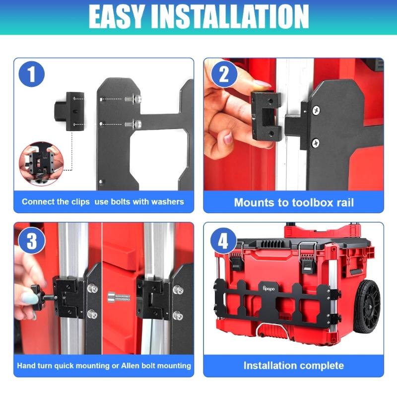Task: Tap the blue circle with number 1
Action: coord(32,75)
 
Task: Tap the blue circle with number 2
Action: coord(224,75)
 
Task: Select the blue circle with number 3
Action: coord(32,241)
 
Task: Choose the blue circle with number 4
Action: coord(224,241)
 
